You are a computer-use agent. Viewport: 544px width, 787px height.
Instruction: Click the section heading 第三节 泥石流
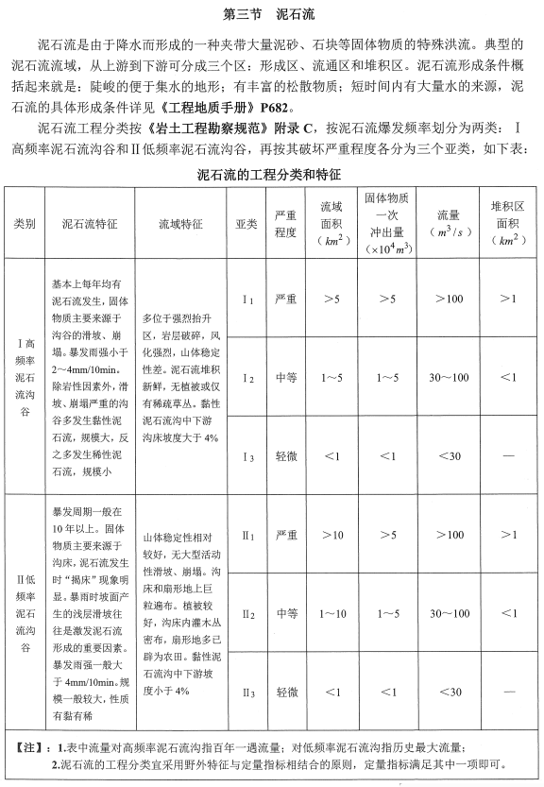coord(271,15)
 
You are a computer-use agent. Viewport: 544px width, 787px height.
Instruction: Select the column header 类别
coord(24,224)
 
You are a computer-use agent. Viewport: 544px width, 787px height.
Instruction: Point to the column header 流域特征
coord(180,224)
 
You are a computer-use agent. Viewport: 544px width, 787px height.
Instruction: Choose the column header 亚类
coord(246,224)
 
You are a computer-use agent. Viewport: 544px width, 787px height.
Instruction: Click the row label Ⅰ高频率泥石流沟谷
coord(25,378)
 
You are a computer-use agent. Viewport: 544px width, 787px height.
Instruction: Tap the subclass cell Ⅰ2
coord(246,378)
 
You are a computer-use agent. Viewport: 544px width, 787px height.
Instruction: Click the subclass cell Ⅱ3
coord(246,693)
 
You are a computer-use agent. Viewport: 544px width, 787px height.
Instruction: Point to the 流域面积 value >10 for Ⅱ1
coord(331,535)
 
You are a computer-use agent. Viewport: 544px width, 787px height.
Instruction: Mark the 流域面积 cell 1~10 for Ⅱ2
coord(331,613)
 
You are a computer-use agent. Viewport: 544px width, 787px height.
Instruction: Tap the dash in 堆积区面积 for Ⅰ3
coord(507,457)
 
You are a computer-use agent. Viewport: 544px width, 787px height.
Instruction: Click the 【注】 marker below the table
coord(28,747)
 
